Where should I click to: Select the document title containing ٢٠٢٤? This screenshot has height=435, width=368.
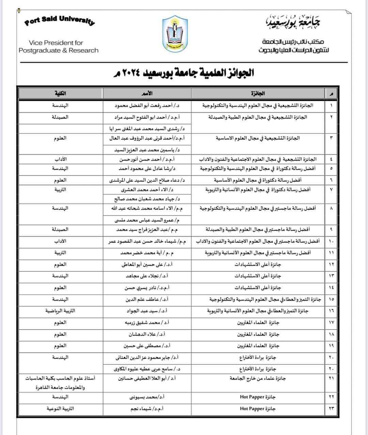[x=184, y=73]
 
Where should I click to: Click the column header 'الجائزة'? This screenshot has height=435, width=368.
[x=258, y=93]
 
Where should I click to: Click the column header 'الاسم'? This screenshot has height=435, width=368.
[x=147, y=93]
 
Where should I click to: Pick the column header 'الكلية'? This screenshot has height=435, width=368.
[x=60, y=93]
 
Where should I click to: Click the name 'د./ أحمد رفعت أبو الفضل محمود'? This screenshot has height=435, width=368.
[x=147, y=105]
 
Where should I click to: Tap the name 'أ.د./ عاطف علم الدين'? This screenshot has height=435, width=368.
[x=147, y=299]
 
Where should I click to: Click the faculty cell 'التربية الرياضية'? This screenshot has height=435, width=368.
[x=60, y=311]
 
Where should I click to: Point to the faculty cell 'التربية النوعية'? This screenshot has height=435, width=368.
[x=60, y=408]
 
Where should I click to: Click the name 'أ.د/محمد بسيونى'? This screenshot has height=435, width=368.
[x=147, y=397]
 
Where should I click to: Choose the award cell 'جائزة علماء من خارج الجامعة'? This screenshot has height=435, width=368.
[x=258, y=378]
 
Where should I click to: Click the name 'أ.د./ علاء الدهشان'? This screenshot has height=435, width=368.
[x=147, y=334]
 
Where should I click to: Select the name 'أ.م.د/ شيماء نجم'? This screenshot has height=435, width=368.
[x=147, y=408]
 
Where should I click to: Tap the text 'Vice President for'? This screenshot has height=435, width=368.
[x=56, y=43]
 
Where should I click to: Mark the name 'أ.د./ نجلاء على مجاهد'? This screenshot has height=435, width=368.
[x=147, y=276]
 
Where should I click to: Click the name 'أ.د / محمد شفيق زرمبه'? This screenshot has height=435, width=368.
[x=147, y=322]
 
